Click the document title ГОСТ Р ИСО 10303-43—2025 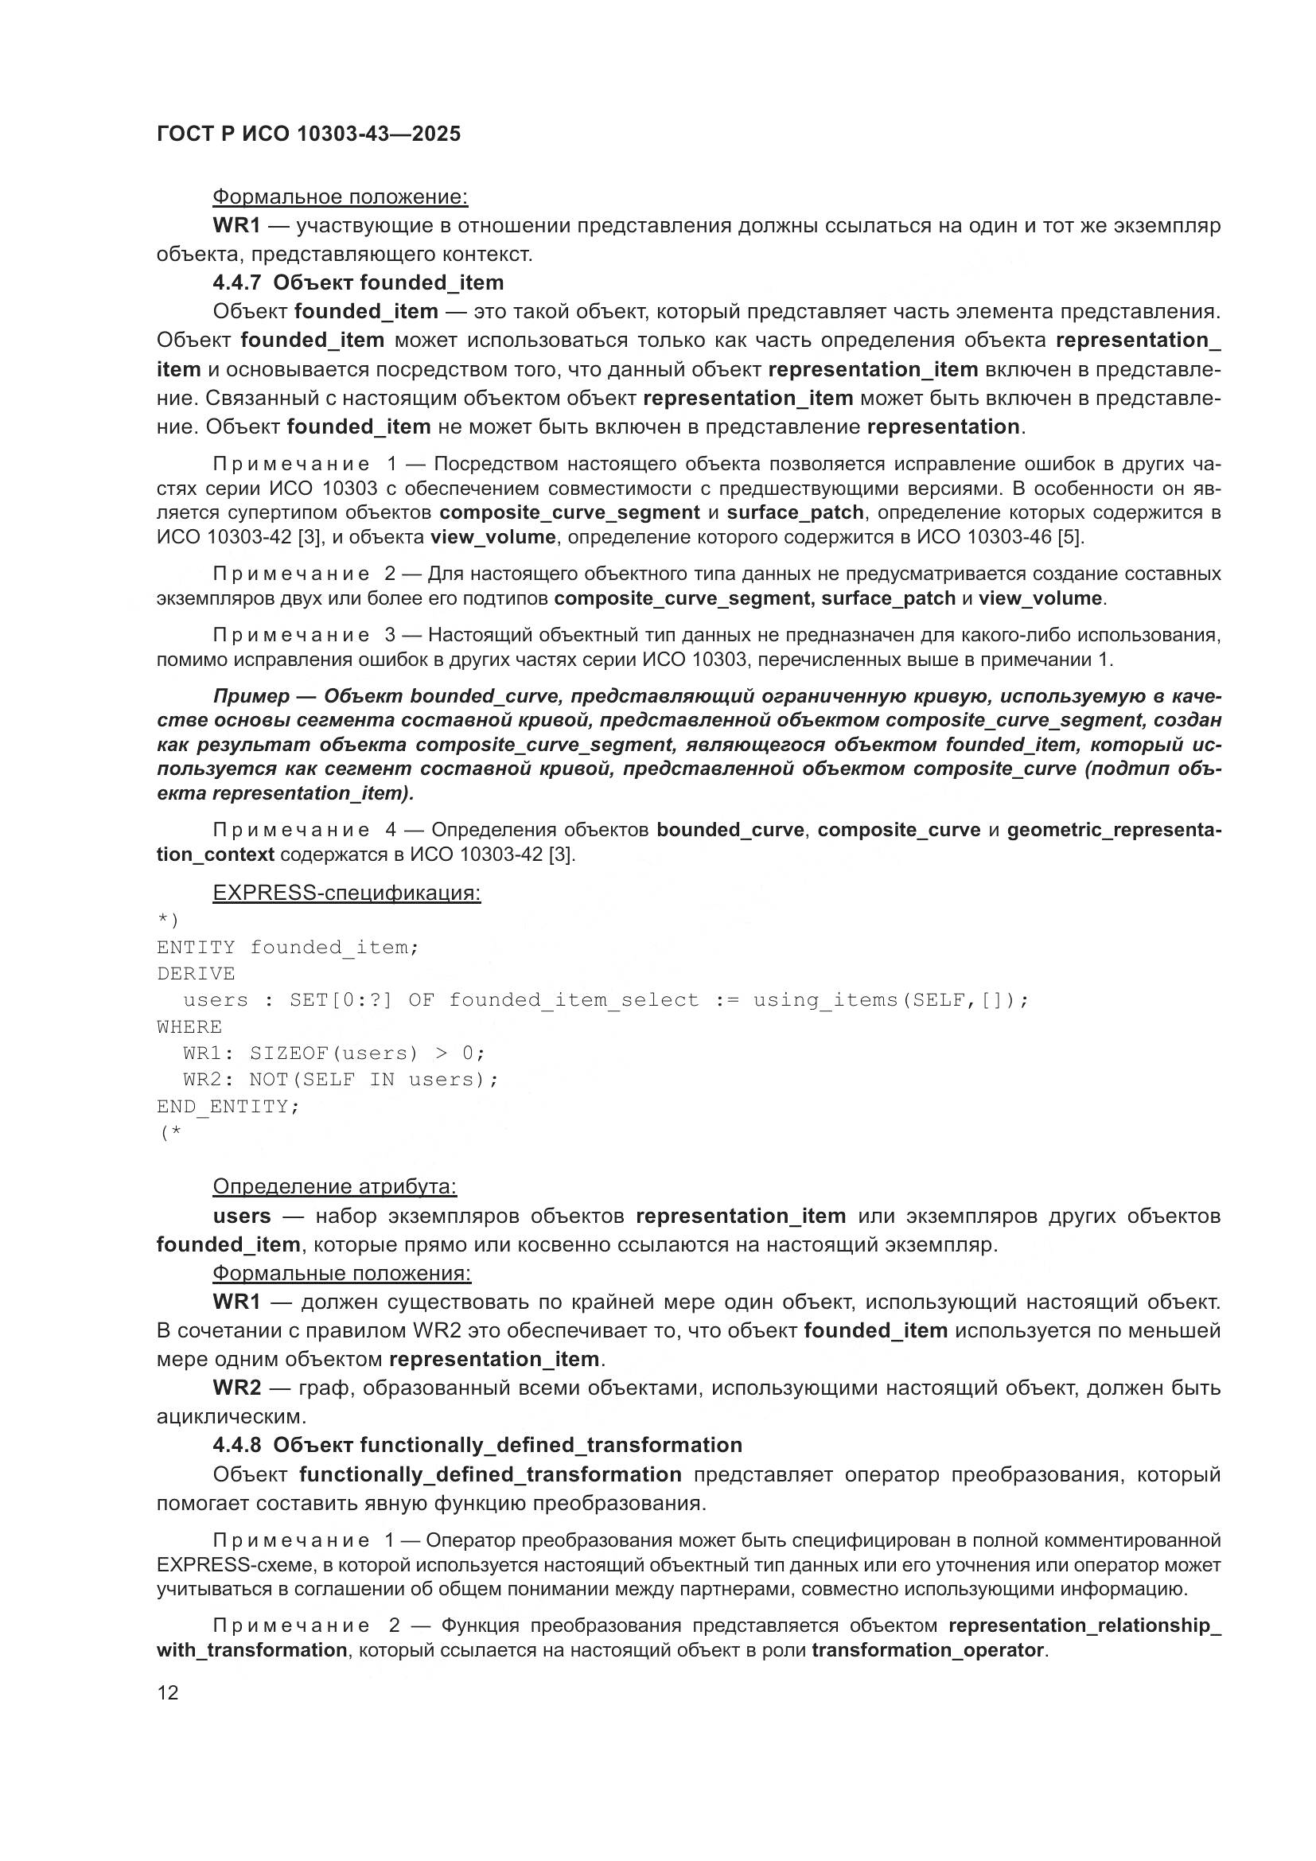(x=309, y=134)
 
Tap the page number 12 (x=168, y=1692)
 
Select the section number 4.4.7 (x=236, y=283)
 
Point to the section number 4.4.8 (x=236, y=1445)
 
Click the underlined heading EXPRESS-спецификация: (x=346, y=894)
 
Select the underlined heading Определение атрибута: (x=335, y=1186)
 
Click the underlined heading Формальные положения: (x=341, y=1273)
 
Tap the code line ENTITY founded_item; (x=288, y=948)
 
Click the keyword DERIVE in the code (x=196, y=973)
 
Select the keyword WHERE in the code (x=189, y=1027)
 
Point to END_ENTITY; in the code (x=228, y=1107)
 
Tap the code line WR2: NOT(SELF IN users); (x=341, y=1080)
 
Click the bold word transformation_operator (x=927, y=1650)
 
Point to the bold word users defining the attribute (x=242, y=1216)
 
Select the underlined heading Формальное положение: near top (x=340, y=197)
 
